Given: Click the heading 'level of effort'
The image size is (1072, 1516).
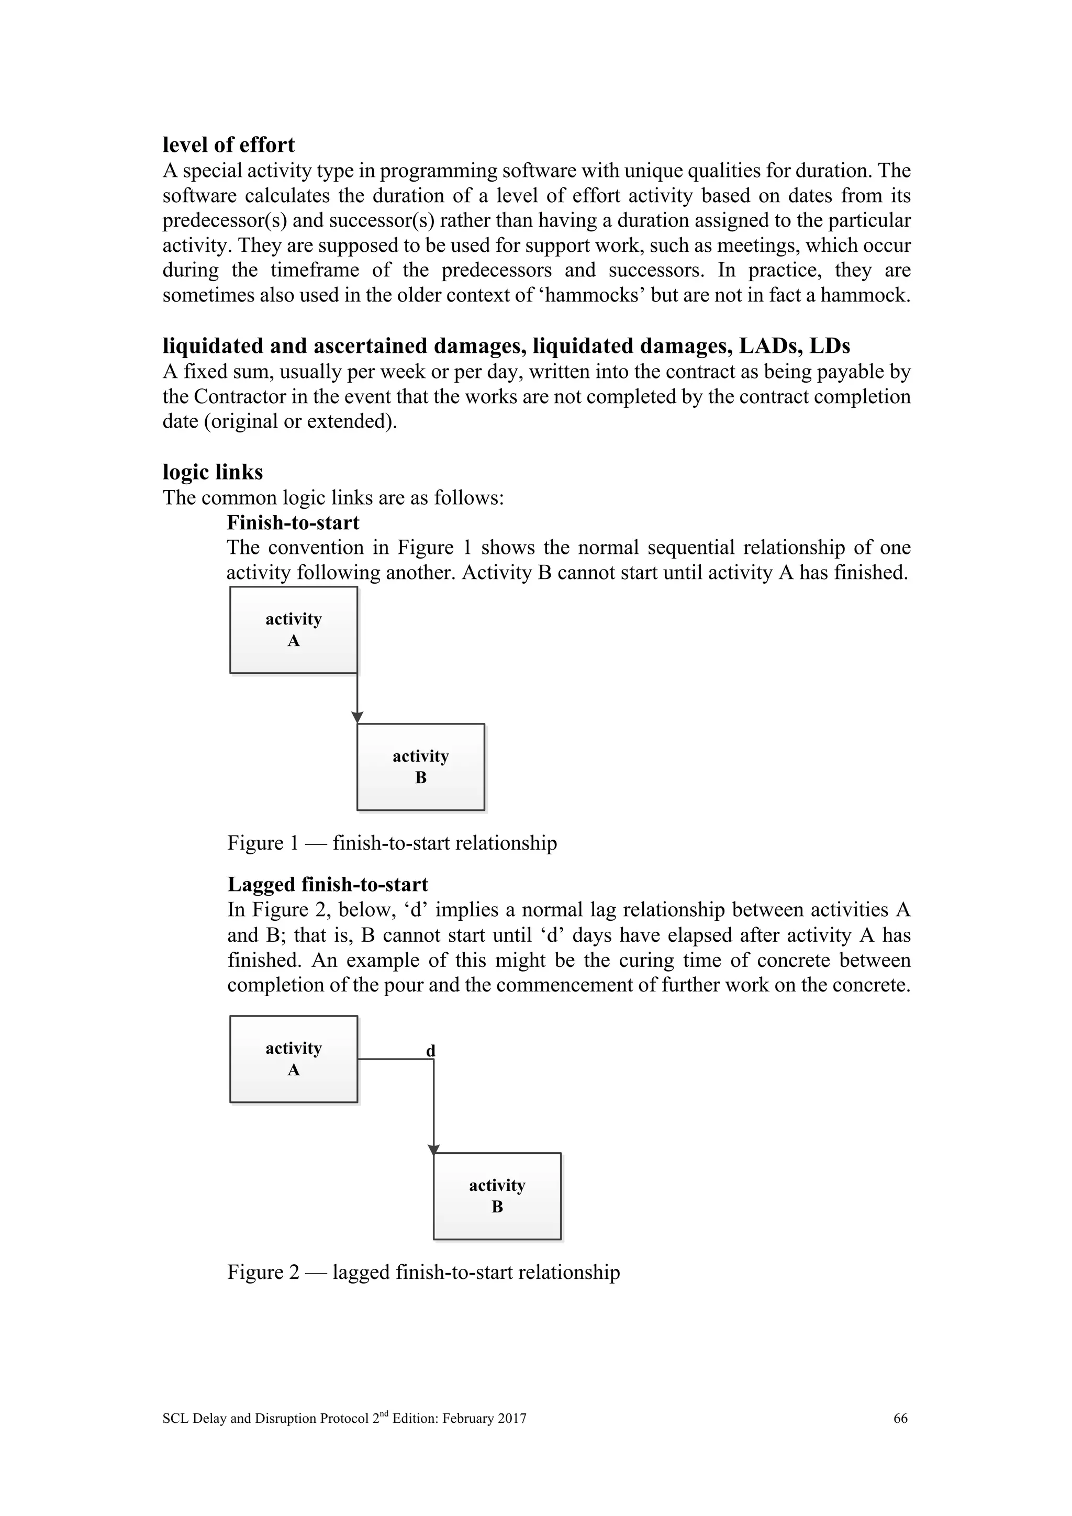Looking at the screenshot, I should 228,144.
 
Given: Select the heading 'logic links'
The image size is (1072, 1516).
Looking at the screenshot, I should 213,472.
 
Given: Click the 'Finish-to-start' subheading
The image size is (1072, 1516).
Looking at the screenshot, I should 293,523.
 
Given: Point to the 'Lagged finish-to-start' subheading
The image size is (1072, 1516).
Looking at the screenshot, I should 327,885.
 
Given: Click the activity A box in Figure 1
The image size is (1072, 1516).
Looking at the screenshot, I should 294,630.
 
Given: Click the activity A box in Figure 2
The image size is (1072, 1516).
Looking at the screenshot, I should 294,1059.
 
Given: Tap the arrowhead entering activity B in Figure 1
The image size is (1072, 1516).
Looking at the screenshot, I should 357,718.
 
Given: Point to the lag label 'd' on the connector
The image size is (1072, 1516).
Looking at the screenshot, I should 430,1051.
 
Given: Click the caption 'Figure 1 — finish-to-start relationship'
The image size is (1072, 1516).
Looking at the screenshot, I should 392,843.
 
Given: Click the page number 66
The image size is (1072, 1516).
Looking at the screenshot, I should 900,1418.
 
